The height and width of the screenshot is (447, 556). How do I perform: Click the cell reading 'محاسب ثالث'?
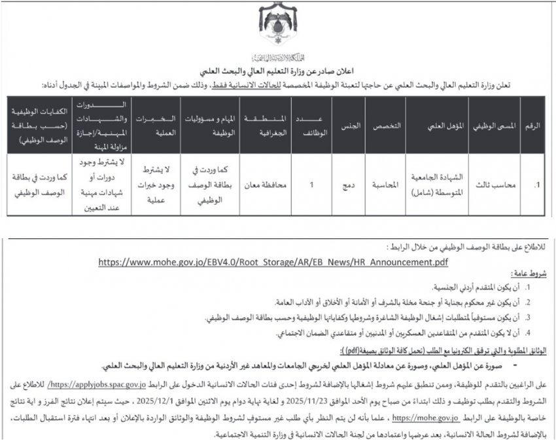500,185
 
